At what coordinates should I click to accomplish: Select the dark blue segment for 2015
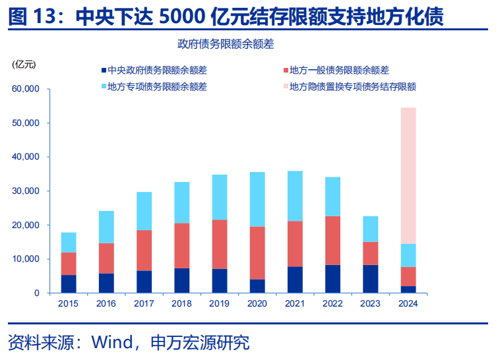(69, 284)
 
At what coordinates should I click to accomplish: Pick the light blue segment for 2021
(295, 196)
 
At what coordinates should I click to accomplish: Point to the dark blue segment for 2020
(257, 286)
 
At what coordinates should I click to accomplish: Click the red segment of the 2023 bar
(371, 253)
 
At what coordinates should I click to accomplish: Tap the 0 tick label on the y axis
(37, 293)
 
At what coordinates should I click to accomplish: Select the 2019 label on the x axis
(219, 304)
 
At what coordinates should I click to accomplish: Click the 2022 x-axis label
(332, 304)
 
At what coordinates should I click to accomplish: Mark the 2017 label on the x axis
(144, 304)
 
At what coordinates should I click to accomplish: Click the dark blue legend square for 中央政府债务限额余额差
(104, 71)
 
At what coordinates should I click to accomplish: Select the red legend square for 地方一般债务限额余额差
(285, 71)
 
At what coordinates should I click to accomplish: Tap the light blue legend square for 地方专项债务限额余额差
(104, 86)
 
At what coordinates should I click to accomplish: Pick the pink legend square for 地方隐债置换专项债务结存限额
(285, 86)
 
